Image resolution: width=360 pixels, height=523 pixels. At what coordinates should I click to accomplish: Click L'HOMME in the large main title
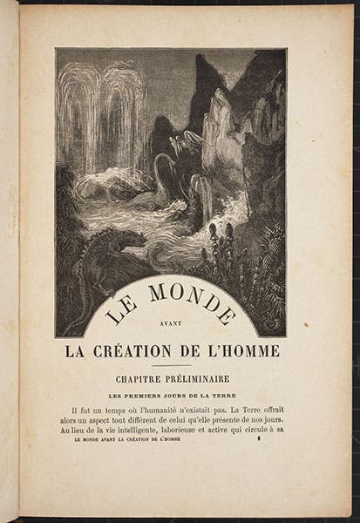(248, 350)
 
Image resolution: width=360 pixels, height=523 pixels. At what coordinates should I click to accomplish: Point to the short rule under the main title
(171, 364)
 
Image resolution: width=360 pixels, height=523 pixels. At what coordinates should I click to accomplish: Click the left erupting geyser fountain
(78, 122)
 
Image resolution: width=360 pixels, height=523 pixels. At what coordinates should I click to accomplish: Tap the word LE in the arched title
(115, 311)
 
